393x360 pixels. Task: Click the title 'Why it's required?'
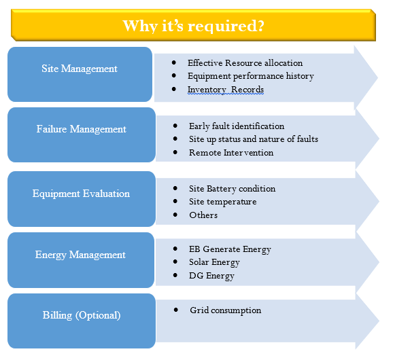[193, 26]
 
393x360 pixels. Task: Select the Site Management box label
[80, 69]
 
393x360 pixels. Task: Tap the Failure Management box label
[81, 129]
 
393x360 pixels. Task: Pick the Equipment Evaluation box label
[81, 194]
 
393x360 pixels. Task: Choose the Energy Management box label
[80, 255]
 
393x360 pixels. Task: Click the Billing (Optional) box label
[82, 315]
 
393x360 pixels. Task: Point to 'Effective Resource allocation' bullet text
[245, 63]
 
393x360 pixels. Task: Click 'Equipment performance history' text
[251, 76]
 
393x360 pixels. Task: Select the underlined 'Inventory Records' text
[226, 90]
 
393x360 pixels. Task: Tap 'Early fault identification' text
[237, 126]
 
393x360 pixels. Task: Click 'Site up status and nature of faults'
[254, 139]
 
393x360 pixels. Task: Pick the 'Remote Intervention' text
[231, 153]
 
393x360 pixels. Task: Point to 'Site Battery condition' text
[232, 189]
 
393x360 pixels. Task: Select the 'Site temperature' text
[223, 202]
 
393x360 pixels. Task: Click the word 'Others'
[203, 215]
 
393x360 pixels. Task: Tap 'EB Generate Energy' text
[230, 249]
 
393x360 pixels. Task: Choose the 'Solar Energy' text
[214, 262]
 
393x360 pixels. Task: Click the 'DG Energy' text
[211, 276]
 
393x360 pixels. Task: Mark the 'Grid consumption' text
[225, 310]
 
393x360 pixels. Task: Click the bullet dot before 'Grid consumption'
[175, 310]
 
